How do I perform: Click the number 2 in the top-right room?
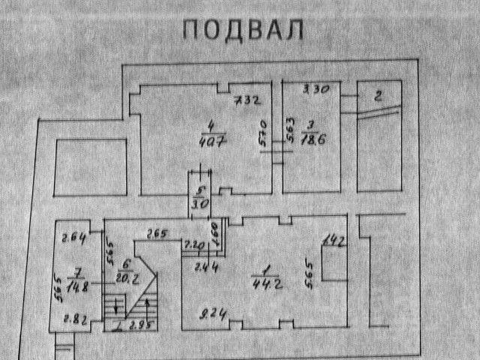point(379,95)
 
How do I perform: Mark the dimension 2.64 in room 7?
point(73,238)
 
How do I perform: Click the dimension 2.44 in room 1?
point(199,265)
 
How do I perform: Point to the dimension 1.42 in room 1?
point(333,240)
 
